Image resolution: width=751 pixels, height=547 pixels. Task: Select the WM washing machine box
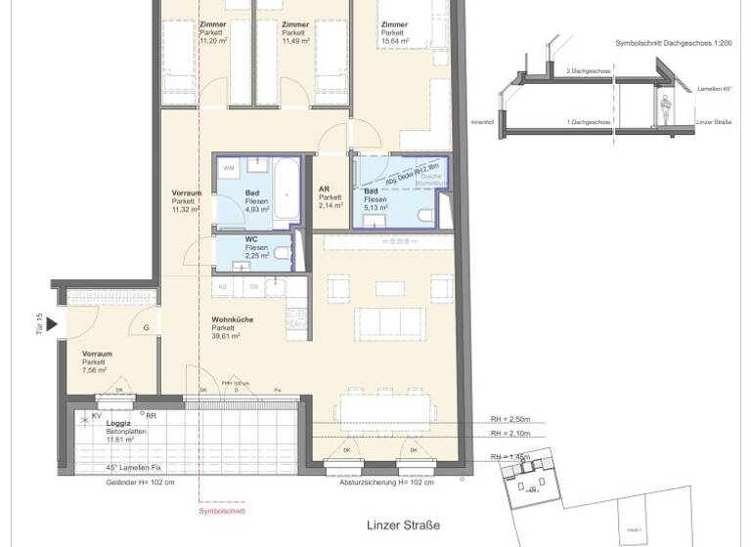pos(229,169)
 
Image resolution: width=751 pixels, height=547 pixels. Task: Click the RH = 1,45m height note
pos(515,457)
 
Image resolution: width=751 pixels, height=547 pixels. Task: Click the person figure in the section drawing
pos(665,109)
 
